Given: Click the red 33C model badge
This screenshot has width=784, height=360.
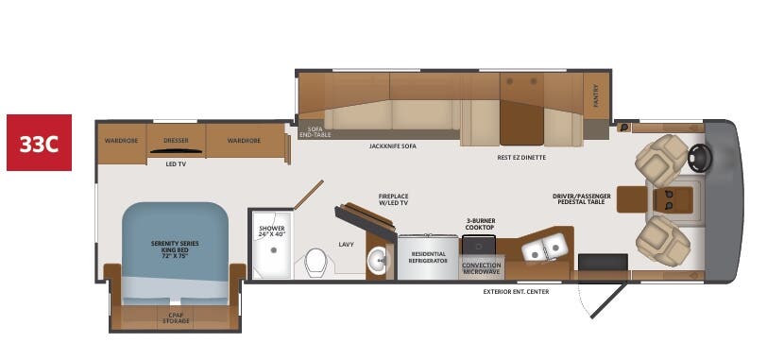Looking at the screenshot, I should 40,144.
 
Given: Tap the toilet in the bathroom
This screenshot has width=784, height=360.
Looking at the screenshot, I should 315,261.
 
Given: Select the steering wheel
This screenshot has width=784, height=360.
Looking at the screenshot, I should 700,156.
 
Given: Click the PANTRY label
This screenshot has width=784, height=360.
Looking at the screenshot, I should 596,94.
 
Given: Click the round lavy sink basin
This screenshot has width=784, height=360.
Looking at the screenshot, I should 377,262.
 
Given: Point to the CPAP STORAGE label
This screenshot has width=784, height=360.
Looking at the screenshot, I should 177,317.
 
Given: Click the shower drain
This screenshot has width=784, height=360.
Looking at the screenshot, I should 274,249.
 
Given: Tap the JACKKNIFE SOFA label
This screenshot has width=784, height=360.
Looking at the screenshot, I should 392,146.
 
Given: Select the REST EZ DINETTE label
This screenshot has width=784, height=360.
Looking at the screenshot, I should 521,157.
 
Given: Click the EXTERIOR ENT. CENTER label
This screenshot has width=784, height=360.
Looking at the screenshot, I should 516,291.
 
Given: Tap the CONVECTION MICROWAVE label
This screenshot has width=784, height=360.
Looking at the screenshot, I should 481,268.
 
